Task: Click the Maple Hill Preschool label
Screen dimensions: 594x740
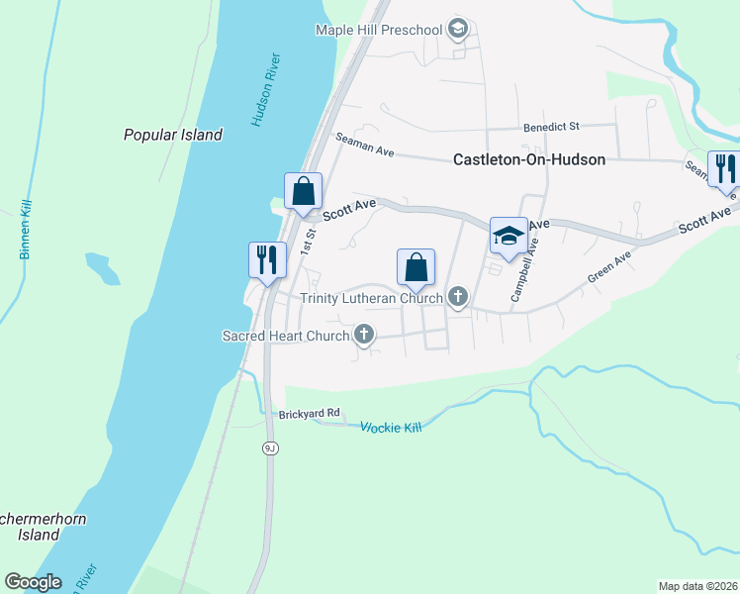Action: (x=378, y=30)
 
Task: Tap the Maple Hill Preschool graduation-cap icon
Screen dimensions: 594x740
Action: (x=457, y=29)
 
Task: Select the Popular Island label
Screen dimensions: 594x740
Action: (x=173, y=135)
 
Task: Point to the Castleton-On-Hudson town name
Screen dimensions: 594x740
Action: (x=529, y=158)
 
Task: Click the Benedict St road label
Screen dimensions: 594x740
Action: (x=551, y=127)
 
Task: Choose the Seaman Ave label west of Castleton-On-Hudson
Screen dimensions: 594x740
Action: (x=365, y=146)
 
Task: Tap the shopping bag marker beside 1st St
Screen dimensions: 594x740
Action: (x=304, y=190)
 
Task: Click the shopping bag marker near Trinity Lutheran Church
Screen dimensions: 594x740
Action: (x=416, y=266)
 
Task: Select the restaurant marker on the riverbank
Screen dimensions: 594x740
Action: (x=267, y=259)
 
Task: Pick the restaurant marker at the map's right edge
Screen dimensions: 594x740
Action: (x=725, y=169)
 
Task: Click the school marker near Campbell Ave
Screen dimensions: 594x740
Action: (x=509, y=236)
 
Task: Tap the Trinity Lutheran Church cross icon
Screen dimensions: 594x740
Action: (x=457, y=296)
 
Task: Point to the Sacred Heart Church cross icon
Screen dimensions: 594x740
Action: (x=364, y=336)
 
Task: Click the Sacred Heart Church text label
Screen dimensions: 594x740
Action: (x=286, y=336)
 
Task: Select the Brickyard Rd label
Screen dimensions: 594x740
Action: (x=310, y=413)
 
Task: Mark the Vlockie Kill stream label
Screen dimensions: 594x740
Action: (x=391, y=427)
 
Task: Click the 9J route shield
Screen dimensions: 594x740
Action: (x=270, y=448)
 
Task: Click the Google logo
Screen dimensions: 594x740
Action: (x=34, y=582)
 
